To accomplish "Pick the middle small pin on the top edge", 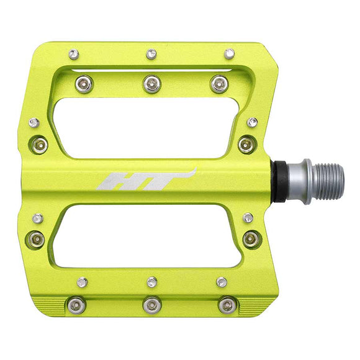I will [151, 54].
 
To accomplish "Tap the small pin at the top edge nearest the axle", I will [230, 53].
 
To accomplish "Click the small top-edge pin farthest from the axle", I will [74, 54].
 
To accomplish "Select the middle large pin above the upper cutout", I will [152, 84].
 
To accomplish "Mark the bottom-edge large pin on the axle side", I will [228, 305].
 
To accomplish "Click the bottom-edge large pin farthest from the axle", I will [76, 305].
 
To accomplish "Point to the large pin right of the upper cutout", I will [246, 145].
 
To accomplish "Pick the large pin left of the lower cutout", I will [37, 238].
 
